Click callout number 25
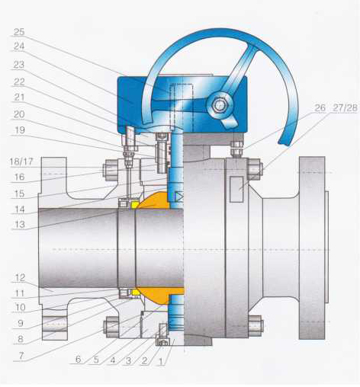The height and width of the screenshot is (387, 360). [19, 32]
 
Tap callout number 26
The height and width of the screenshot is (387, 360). [320, 107]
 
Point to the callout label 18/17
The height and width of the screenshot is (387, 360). [21, 162]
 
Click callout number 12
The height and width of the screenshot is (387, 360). [19, 277]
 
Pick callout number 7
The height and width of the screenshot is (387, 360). [21, 356]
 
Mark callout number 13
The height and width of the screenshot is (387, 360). [19, 225]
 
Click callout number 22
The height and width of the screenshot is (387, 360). [19, 82]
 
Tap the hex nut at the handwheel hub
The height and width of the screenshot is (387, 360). [219, 104]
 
